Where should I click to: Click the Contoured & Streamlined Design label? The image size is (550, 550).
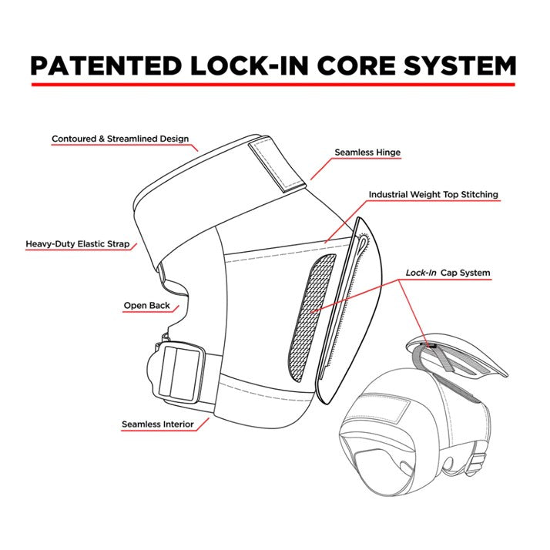point(119,139)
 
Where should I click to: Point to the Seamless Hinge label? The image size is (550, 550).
point(367,153)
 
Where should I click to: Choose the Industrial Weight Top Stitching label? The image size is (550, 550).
point(433,195)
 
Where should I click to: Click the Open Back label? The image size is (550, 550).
point(147,306)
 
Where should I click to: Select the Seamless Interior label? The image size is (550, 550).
point(157,424)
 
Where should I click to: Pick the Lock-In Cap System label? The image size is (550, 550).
point(448,273)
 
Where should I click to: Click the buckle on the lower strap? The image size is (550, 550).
point(176,372)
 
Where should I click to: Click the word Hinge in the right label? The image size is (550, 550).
point(387,153)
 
